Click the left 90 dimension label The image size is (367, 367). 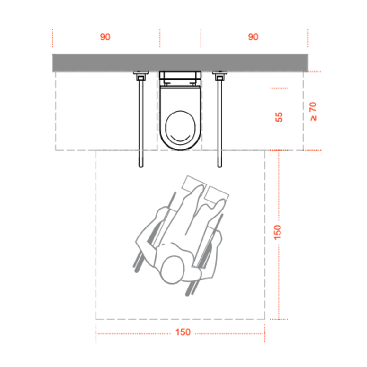(x=105, y=37)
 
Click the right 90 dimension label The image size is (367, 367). (x=253, y=37)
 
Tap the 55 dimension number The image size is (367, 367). (x=279, y=117)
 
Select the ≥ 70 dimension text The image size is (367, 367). (x=313, y=112)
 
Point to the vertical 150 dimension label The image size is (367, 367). (x=277, y=232)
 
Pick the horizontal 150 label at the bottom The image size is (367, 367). (x=183, y=332)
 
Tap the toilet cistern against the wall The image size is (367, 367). (x=180, y=79)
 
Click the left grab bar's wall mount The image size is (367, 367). (x=141, y=76)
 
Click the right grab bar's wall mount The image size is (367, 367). (x=219, y=76)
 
